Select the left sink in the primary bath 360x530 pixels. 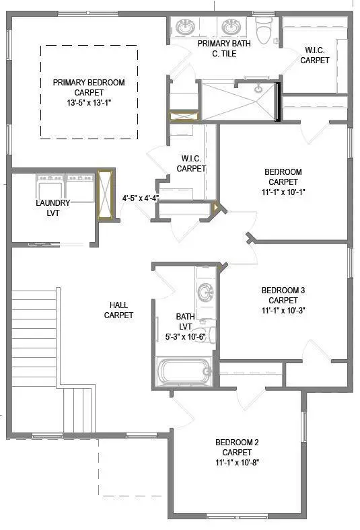coord(186,28)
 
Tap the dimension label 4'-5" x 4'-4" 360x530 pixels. coord(141,198)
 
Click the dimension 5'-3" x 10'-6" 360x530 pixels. coord(185,337)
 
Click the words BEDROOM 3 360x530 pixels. coord(283,291)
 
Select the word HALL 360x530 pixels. coord(118,305)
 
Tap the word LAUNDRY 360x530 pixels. coord(52,202)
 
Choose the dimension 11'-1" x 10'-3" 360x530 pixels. coord(283,310)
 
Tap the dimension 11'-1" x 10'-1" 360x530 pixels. coord(283,192)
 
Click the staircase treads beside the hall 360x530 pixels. coord(34,336)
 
